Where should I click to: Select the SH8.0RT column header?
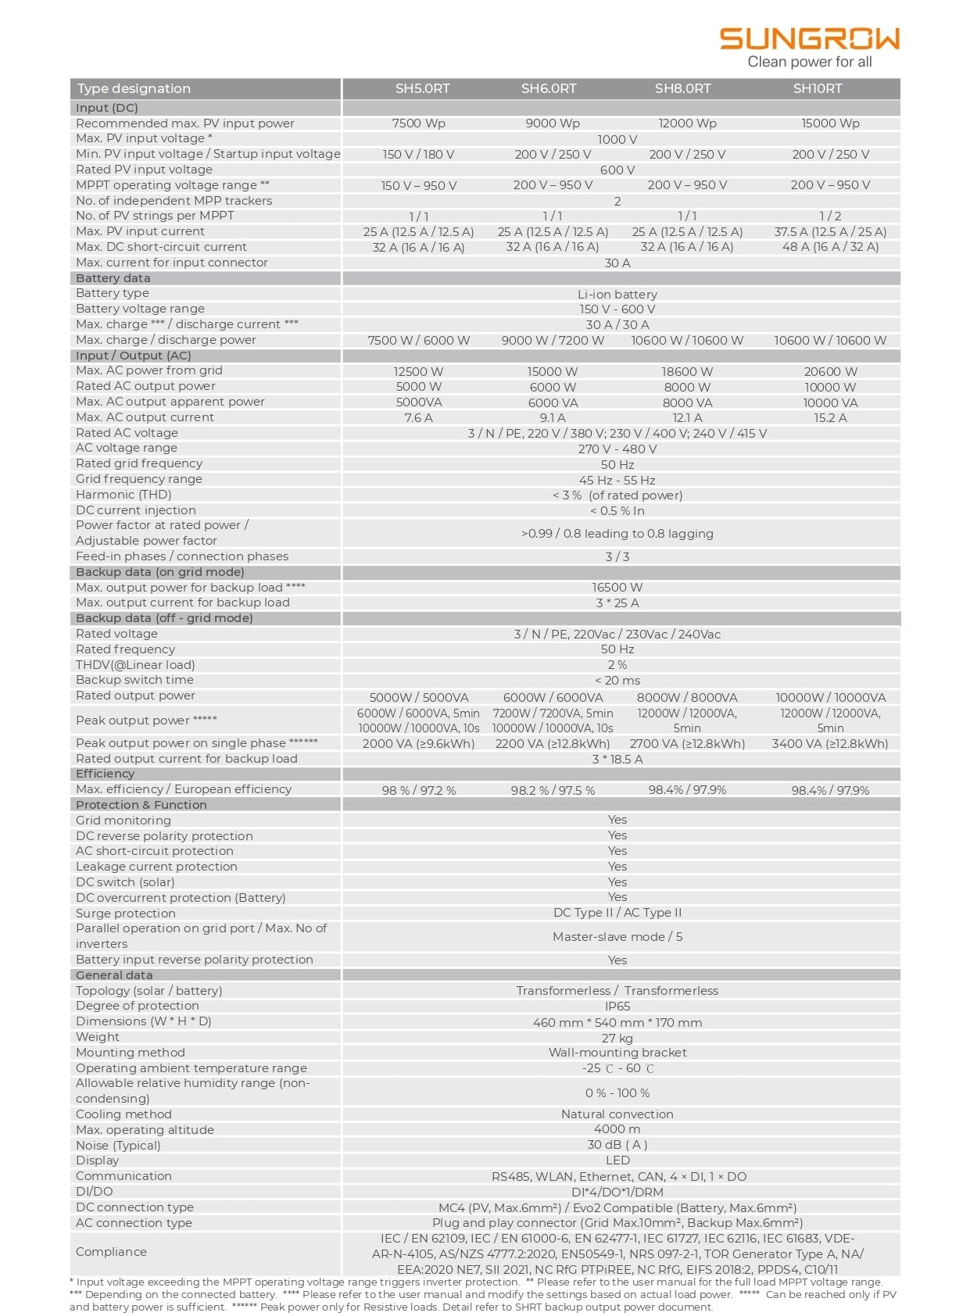coord(682,88)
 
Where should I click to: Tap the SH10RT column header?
coord(818,88)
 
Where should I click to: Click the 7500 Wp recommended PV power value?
coord(418,123)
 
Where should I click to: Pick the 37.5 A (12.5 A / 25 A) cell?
coord(830,231)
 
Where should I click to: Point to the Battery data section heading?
coord(113,278)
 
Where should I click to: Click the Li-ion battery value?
coord(617,295)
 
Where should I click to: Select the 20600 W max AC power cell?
coord(830,372)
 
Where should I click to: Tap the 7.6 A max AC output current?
coord(418,418)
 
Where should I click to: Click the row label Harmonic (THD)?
coord(123,495)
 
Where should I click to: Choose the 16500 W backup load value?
coord(617,588)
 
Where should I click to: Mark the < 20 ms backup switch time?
coord(617,681)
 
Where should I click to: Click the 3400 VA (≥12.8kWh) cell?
coord(830,744)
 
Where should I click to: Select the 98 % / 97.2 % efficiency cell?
coord(418,791)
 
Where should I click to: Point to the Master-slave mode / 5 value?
coord(617,936)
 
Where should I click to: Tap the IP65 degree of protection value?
coord(617,1007)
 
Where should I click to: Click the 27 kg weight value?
coord(617,1038)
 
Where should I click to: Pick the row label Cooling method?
coord(123,1114)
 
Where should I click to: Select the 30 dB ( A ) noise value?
coord(617,1145)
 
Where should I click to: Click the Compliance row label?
coord(111,1252)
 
